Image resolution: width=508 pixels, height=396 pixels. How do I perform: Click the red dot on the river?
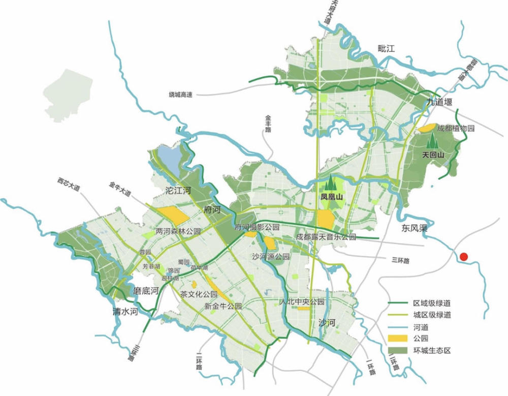tap(463, 257)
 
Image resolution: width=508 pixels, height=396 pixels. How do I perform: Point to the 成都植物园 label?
tap(456, 129)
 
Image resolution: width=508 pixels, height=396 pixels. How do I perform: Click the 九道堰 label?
tap(439, 103)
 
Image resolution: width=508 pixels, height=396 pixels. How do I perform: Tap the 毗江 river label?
tap(386, 48)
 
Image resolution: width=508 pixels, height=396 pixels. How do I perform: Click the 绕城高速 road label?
tap(181, 95)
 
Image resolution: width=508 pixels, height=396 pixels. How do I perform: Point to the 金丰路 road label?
tap(268, 124)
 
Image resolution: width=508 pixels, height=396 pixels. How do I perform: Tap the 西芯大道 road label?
tap(69, 185)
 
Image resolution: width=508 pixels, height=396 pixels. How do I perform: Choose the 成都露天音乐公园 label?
tap(326, 237)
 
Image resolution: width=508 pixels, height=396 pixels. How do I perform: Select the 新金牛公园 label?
tap(223, 307)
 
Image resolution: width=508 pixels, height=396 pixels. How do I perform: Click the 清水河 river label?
tap(125, 311)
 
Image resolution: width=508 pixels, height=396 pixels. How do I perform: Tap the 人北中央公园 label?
tap(302, 302)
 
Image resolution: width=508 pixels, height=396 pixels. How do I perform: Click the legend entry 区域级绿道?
tap(431, 303)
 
